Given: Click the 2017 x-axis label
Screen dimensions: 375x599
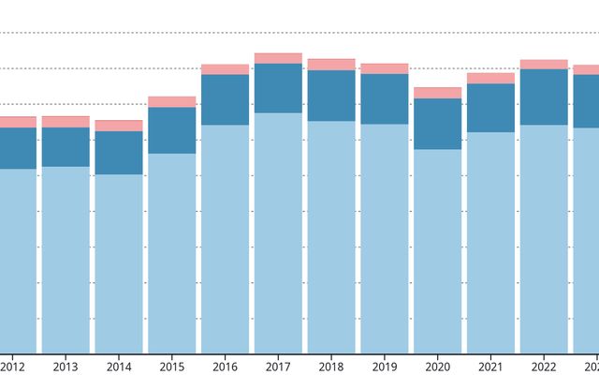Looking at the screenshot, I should pos(278,366).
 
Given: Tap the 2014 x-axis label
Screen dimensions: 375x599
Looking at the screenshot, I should pos(119,366).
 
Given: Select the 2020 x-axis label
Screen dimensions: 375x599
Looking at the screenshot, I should pos(438,366).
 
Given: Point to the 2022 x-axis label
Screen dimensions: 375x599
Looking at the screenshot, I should pos(545,366).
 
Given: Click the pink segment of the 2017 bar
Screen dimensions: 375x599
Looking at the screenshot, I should pos(278,58).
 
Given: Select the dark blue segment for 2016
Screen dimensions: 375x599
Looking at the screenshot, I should pos(226,99).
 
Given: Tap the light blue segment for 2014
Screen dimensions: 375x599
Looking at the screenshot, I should pos(119,263).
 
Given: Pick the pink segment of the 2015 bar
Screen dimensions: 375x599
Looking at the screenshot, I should pos(172,101).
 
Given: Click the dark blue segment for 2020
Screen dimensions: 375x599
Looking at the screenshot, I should pos(438,124).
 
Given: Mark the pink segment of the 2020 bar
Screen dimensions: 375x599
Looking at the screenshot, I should pos(438,93).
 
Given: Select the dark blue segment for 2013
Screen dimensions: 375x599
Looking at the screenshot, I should pos(66,147).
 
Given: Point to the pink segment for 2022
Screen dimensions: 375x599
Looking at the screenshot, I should pos(545,65).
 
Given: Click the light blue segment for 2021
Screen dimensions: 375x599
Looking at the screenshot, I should pos(491,243).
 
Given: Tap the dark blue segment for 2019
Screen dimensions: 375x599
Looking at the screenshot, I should pos(385,98).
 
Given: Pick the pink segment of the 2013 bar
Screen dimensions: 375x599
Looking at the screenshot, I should pos(66,122).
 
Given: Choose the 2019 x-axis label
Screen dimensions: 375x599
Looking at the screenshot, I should pos(385,366).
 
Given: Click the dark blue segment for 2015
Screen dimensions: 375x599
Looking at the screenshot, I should pos(172,130).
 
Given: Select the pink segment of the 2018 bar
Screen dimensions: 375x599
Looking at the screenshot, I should pos(331,65).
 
